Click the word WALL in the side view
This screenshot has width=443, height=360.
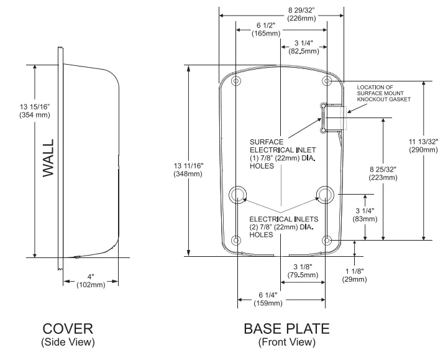click(48, 158)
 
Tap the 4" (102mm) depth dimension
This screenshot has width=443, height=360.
click(89, 280)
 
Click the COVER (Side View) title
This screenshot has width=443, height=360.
click(68, 333)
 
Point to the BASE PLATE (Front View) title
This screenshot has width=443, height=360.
click(286, 333)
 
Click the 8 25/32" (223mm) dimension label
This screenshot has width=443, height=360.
click(382, 173)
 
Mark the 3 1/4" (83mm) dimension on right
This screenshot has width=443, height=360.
click(365, 215)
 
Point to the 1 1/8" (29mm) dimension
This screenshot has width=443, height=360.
click(354, 275)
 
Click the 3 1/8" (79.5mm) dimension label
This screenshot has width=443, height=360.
click(304, 270)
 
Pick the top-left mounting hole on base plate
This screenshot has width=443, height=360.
click(235, 81)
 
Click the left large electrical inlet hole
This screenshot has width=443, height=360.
click(237, 195)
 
